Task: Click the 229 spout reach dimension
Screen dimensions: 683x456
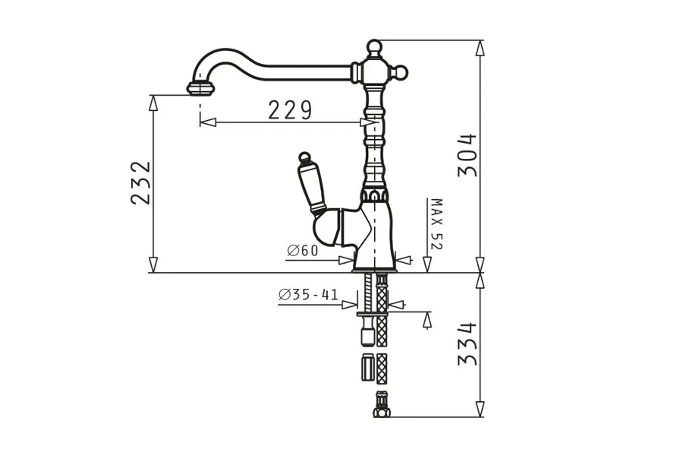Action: click(x=290, y=110)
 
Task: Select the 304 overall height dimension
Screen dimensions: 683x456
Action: click(x=467, y=155)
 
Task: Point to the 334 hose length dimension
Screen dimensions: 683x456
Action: click(x=467, y=344)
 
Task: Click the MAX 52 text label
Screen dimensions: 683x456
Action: click(x=436, y=224)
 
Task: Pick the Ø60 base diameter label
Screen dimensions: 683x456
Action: click(x=303, y=251)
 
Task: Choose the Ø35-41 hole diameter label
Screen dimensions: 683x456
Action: click(x=308, y=295)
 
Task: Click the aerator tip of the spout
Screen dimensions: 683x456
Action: click(x=201, y=88)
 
